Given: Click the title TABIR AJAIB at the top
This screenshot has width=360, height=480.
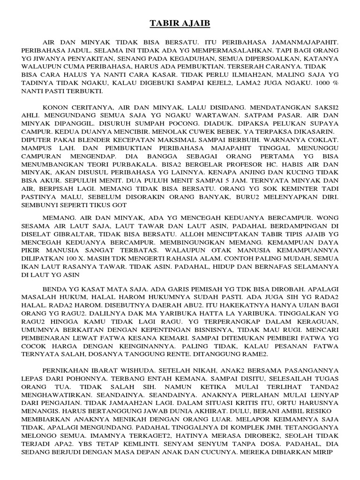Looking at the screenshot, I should (180, 24).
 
